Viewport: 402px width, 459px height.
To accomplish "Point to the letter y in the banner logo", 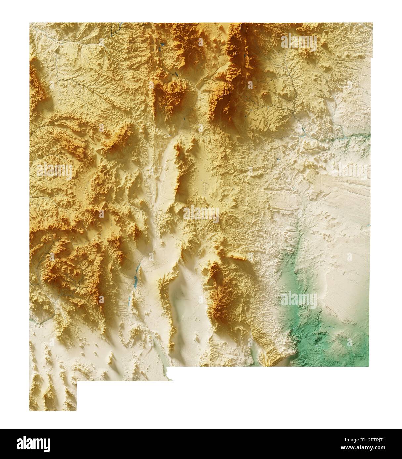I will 47,444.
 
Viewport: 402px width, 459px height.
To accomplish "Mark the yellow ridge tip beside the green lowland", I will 270,360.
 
